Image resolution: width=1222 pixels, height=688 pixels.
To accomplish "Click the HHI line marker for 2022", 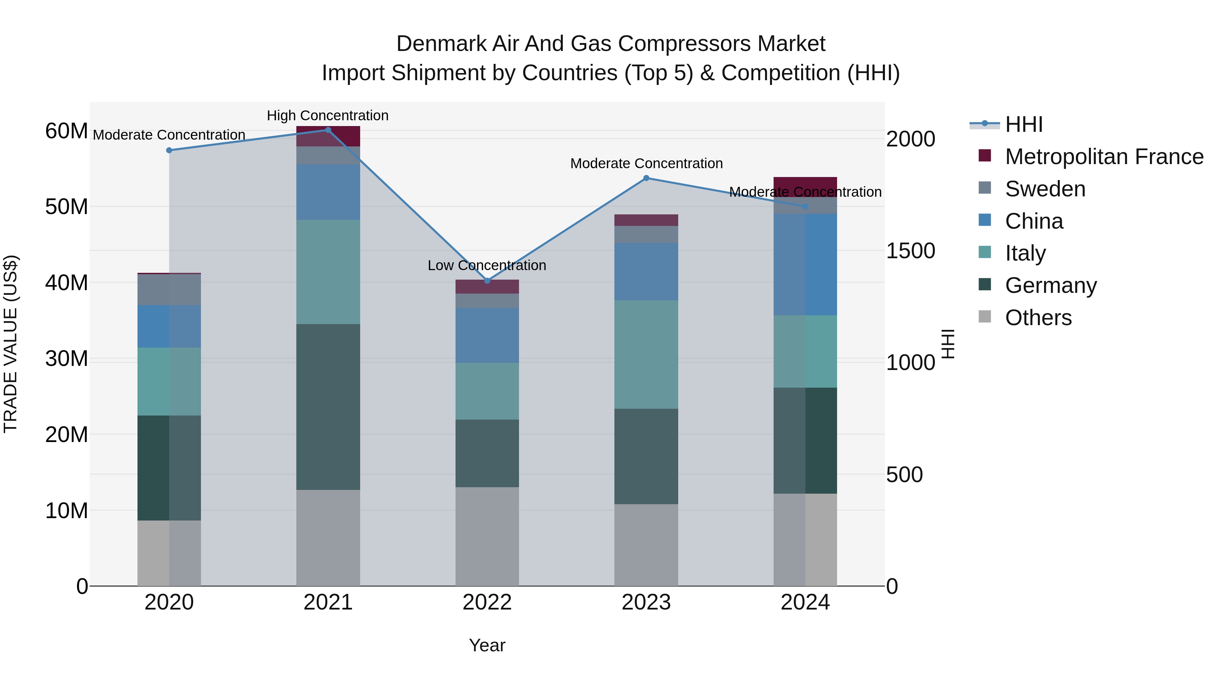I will [487, 281].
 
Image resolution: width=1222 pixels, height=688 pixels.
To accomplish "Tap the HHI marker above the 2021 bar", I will [328, 130].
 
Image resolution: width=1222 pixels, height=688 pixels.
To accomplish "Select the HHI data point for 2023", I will [646, 178].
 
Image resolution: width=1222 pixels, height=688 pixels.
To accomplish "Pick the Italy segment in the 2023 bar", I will [646, 354].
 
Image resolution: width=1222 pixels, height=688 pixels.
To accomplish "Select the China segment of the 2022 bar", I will [487, 335].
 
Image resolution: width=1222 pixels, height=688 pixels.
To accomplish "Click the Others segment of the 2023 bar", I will [646, 545].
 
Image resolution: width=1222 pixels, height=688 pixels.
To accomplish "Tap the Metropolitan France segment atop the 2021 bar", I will [328, 136].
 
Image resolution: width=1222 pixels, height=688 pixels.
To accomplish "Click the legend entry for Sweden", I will [1044, 189].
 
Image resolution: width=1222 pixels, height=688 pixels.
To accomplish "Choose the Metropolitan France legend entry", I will [1104, 157].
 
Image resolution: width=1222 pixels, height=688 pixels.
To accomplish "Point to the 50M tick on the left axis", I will [67, 207].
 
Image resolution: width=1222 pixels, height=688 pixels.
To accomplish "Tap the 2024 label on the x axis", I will [805, 602].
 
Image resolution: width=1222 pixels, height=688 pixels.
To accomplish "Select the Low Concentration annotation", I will [487, 265].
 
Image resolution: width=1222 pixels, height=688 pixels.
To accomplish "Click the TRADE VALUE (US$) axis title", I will [11, 344].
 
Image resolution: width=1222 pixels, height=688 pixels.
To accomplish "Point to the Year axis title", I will [487, 645].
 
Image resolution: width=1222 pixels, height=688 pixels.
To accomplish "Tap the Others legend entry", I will [1038, 318].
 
